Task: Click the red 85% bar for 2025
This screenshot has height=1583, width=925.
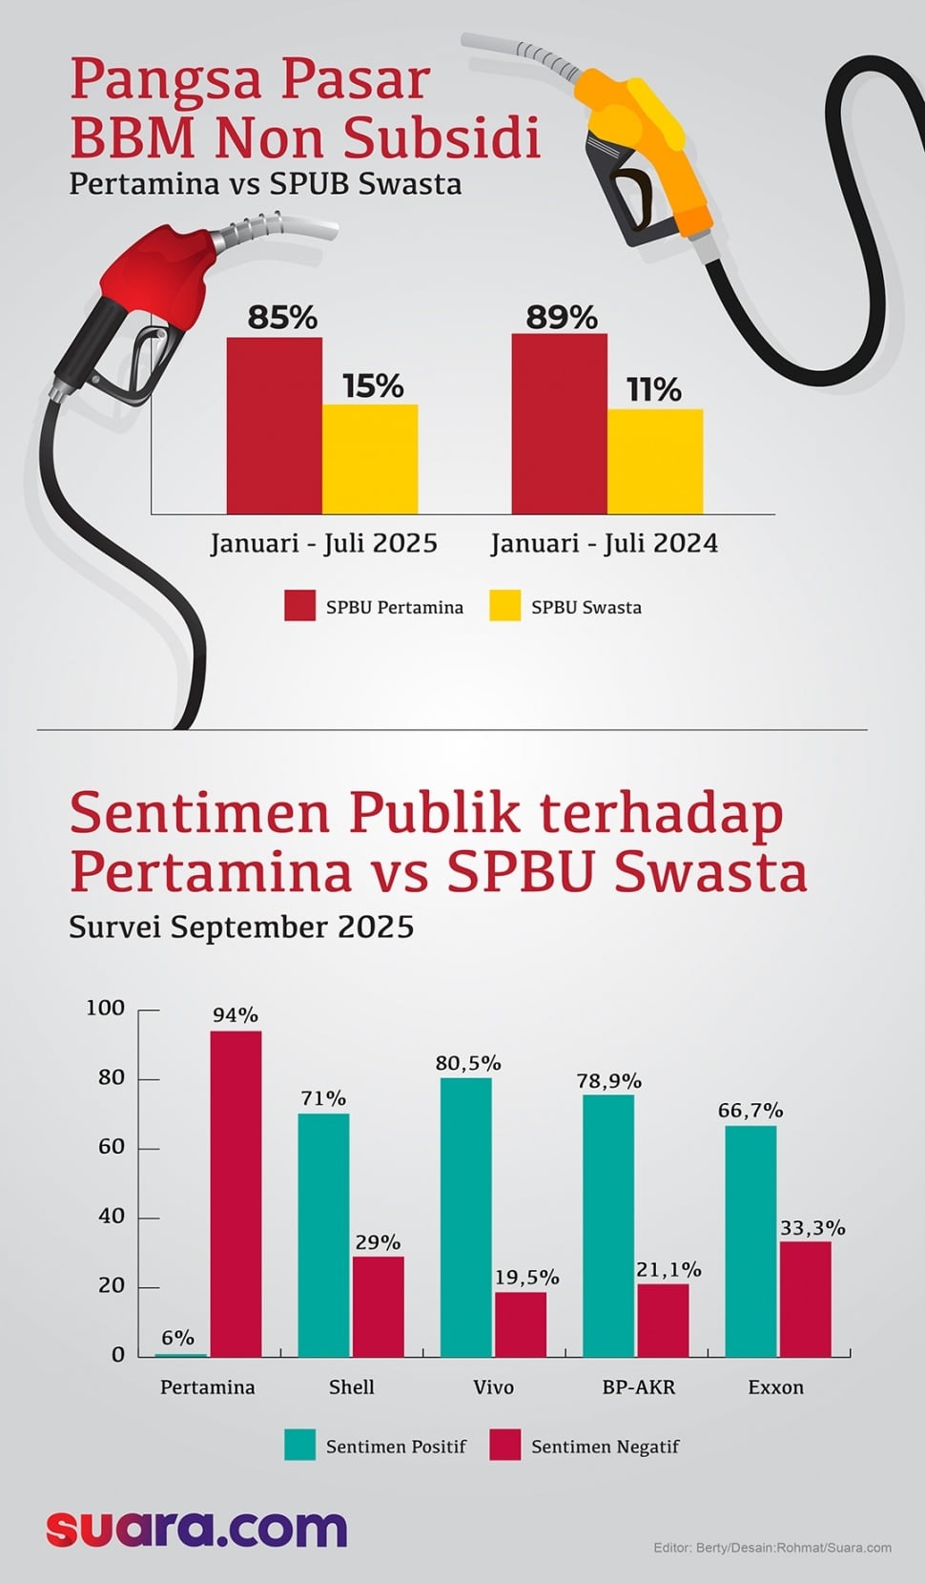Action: pos(274,426)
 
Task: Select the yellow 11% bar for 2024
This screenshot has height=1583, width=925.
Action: pos(654,462)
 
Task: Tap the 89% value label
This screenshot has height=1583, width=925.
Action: pos(562,317)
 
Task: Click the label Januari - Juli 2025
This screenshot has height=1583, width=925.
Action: pos(323,544)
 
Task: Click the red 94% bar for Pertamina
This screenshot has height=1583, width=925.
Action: pos(236,1193)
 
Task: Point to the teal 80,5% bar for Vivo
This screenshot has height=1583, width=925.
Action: pos(465,1217)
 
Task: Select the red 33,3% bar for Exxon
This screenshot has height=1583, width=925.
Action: pos(806,1299)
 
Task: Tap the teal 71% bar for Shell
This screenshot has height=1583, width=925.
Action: pos(323,1235)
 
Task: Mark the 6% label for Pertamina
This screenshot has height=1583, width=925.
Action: pos(177,1338)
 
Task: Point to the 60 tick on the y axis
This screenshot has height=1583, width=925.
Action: pos(112,1147)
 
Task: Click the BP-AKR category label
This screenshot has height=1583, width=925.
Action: pos(638,1387)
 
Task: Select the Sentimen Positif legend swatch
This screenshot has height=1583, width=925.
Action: pos(299,1446)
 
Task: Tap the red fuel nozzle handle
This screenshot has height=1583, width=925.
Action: pos(162,277)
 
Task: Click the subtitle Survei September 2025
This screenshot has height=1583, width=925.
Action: pos(241,927)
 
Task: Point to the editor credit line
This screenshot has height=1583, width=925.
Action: pos(771,1548)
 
